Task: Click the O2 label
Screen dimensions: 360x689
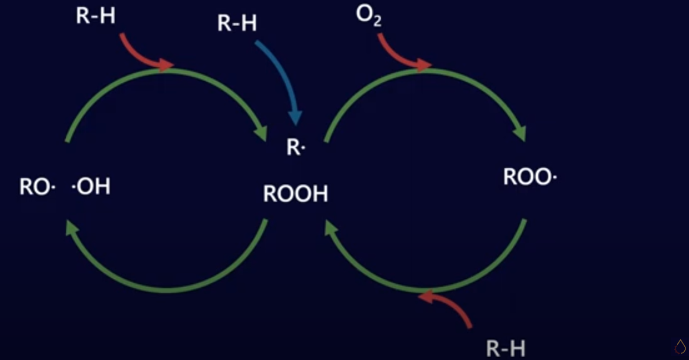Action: coord(368,15)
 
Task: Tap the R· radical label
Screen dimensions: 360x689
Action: coord(296,148)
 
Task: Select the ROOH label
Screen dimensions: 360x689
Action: coord(296,194)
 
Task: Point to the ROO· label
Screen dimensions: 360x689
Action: coord(530,177)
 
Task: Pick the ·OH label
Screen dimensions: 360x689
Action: coord(91,187)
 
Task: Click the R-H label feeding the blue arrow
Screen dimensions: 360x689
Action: coord(237,23)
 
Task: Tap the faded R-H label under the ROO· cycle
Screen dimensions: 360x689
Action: coord(506,349)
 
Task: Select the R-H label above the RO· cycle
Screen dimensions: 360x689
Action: coord(95,16)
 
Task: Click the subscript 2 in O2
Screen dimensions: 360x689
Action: coord(377,22)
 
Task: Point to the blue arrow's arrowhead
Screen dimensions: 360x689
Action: coord(295,117)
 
